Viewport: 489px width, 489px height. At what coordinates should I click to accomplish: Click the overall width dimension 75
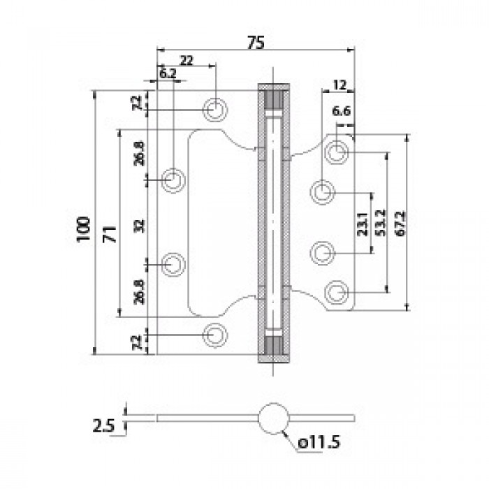pos(255,43)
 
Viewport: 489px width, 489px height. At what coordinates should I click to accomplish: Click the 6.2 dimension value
pos(167,73)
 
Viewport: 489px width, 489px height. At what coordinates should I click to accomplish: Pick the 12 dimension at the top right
pos(340,85)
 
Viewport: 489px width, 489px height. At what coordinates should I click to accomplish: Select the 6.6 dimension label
pos(341,110)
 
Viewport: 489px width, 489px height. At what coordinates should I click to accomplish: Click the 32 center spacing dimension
pos(138,225)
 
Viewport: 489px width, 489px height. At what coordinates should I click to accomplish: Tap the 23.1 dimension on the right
pos(363,224)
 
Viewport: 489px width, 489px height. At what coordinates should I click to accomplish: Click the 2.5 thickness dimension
pos(102,423)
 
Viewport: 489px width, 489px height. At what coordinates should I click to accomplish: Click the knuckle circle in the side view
pos(273,418)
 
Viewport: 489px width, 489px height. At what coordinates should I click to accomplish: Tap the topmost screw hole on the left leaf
pos(215,108)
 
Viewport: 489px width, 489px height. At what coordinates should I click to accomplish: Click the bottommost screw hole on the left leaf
pos(215,335)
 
